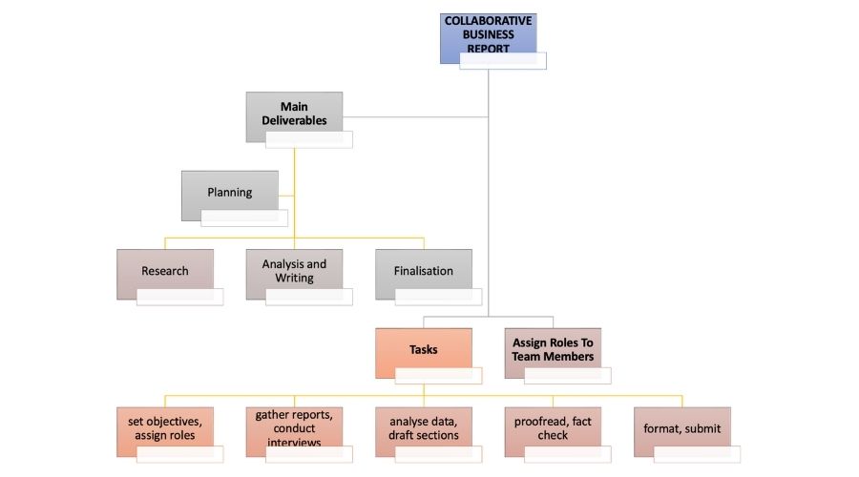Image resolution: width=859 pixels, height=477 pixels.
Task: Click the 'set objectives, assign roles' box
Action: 164,425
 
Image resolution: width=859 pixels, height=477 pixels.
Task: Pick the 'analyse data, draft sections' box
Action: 423,425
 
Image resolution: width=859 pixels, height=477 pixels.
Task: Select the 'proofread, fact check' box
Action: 553,425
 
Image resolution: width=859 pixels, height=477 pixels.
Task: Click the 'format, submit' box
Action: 681,425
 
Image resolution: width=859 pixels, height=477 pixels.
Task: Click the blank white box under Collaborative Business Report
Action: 503,61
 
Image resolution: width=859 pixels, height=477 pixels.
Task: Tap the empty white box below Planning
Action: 244,218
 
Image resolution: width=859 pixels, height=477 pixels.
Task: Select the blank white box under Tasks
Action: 438,375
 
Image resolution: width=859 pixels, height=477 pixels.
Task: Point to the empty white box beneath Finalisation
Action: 438,297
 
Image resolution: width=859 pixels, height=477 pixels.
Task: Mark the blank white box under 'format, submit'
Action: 697,454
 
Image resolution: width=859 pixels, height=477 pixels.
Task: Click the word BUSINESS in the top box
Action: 488,33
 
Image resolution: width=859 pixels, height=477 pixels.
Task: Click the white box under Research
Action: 179,297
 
